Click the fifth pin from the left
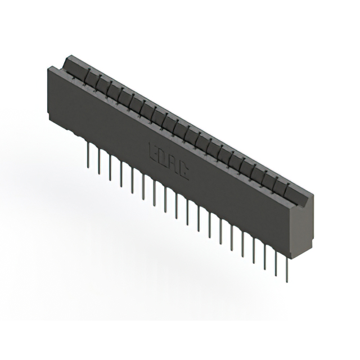pos(132,177)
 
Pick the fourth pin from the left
pos(121,172)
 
